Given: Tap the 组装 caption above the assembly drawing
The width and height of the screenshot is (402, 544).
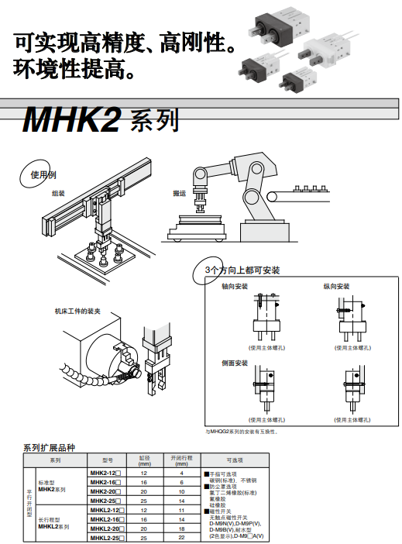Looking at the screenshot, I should point(58,192).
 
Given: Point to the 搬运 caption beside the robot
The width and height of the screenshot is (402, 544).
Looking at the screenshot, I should point(179,194).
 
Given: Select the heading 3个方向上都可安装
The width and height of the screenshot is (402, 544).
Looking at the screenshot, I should point(242,270).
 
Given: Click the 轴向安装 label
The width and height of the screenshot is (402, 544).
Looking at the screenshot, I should point(234,287).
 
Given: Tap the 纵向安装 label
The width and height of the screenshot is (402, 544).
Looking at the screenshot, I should point(336,287).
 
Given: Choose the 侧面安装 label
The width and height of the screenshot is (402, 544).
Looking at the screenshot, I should point(234,363).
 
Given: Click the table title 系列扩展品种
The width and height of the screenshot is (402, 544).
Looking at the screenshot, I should point(49,448).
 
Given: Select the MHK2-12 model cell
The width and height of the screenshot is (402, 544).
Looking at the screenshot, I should point(106,472).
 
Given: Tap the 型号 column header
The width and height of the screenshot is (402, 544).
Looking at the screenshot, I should point(107,460).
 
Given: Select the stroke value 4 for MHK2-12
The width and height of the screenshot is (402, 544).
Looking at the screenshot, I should point(181,472).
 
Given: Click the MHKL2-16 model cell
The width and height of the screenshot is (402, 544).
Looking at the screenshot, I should point(107,519).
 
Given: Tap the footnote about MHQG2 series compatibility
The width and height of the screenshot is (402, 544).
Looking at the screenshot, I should point(241,431).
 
